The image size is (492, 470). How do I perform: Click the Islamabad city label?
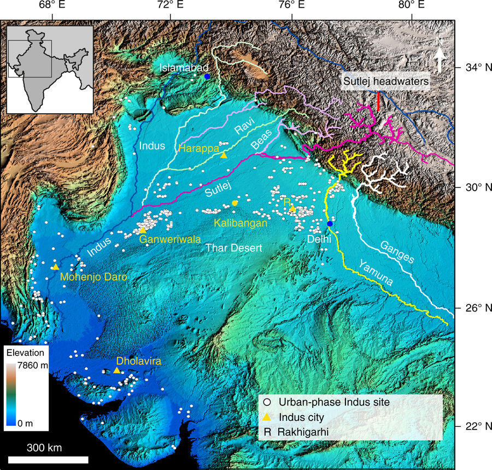pyautogui.click(x=180, y=67)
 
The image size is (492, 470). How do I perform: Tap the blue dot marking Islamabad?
pyautogui.click(x=207, y=76)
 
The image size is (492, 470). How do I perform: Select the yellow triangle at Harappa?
pyautogui.click(x=224, y=155)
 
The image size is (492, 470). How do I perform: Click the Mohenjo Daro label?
pyautogui.click(x=93, y=277)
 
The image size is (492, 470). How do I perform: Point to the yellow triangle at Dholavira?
pyautogui.click(x=116, y=370)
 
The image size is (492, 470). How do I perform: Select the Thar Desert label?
pyautogui.click(x=233, y=248)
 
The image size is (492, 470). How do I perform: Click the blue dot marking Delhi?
pyautogui.click(x=330, y=224)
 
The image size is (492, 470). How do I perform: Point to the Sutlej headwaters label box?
pyautogui.click(x=385, y=83)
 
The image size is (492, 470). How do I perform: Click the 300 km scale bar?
pyautogui.click(x=48, y=459)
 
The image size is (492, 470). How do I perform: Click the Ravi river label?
pyautogui.click(x=242, y=131)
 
